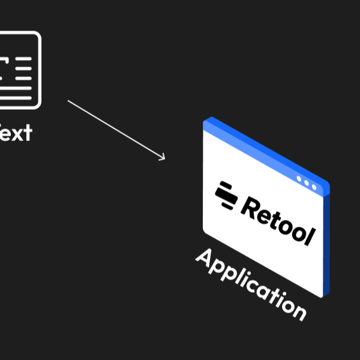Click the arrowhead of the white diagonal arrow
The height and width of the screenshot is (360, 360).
(x=163, y=159)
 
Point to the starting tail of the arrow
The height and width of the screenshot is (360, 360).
(x=68, y=101)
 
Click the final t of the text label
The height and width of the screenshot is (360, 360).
(x=26, y=132)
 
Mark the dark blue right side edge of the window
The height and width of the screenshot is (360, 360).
(x=326, y=240)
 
